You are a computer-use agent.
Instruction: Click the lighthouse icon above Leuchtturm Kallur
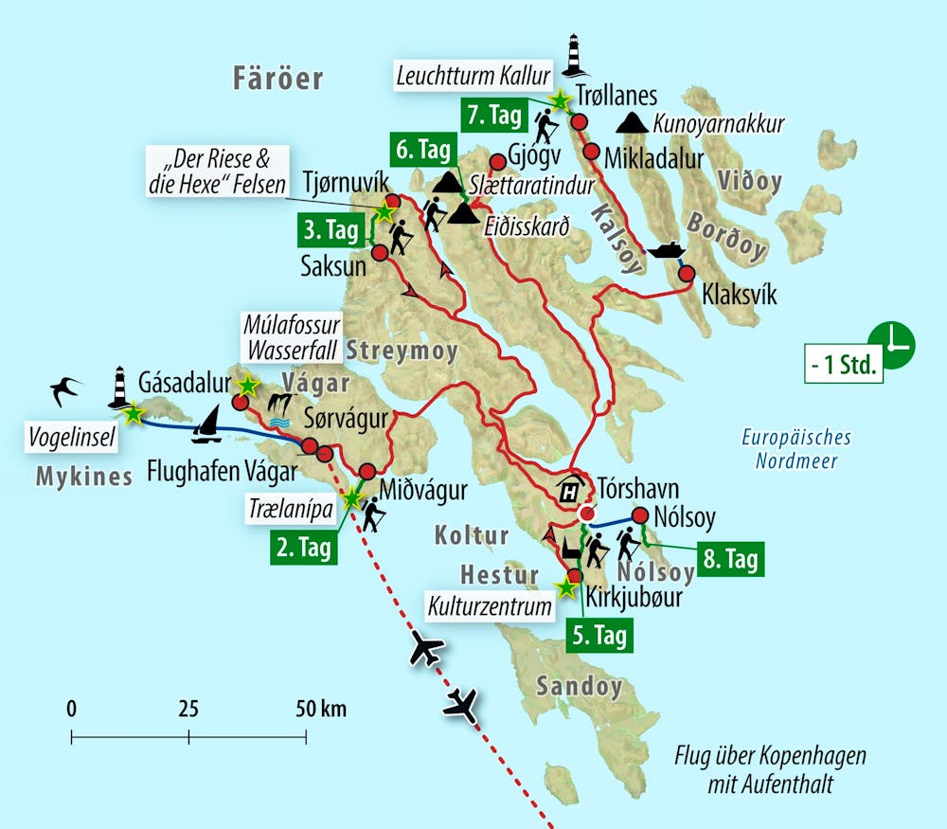coord(572,55)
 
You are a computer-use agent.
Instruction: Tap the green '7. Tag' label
coord(493,116)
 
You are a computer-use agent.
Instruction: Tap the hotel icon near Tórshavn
coord(570,491)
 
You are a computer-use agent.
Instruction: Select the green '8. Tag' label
coord(729,559)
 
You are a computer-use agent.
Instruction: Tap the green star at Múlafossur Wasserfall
coord(247,385)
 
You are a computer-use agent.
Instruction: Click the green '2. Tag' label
coord(304,547)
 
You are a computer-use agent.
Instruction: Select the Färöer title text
coord(278,79)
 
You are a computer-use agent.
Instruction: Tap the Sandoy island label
coord(580,686)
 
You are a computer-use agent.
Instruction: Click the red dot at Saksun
coord(380,253)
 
